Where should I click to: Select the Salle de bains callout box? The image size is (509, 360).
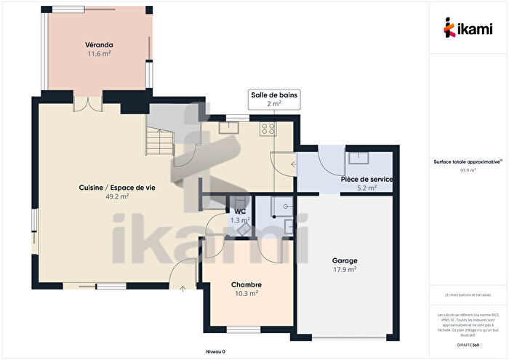pyautogui.click(x=273, y=100)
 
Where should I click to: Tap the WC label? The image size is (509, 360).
pyautogui.click(x=239, y=211)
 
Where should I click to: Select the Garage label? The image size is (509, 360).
pyautogui.click(x=345, y=260)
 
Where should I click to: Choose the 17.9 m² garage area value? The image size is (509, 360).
pyautogui.click(x=345, y=270)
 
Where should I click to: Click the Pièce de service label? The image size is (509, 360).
pyautogui.click(x=367, y=179)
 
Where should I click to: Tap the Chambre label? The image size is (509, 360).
pyautogui.click(x=246, y=284)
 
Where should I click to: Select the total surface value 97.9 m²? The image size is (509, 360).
pyautogui.click(x=468, y=170)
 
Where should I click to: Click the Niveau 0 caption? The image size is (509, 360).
pyautogui.click(x=215, y=351)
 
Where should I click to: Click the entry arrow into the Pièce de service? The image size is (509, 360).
pyautogui.click(x=293, y=164)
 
